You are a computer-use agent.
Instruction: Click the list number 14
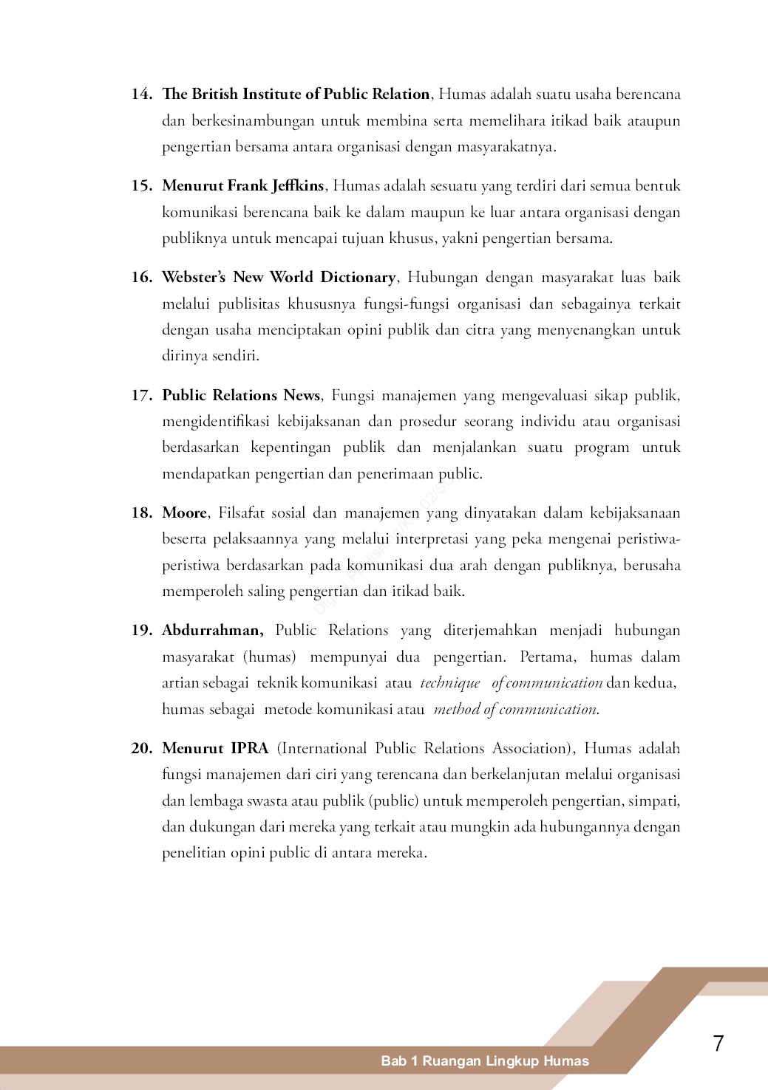(x=141, y=94)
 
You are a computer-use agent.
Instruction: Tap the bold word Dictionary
(x=358, y=277)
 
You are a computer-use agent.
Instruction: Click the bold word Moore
(x=185, y=513)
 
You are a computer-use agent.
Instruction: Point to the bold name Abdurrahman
(x=212, y=630)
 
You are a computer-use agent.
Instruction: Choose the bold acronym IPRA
(x=250, y=748)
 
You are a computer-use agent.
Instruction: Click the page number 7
(x=718, y=1043)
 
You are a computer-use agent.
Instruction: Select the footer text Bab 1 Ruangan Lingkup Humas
(x=485, y=1061)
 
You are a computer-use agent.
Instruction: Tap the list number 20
(x=141, y=748)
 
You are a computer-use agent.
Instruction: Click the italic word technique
(x=450, y=683)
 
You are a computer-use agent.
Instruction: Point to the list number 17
(x=141, y=395)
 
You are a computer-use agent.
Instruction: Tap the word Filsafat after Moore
(x=241, y=513)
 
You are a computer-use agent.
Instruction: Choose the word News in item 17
(x=302, y=395)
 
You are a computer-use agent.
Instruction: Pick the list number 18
(x=141, y=513)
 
